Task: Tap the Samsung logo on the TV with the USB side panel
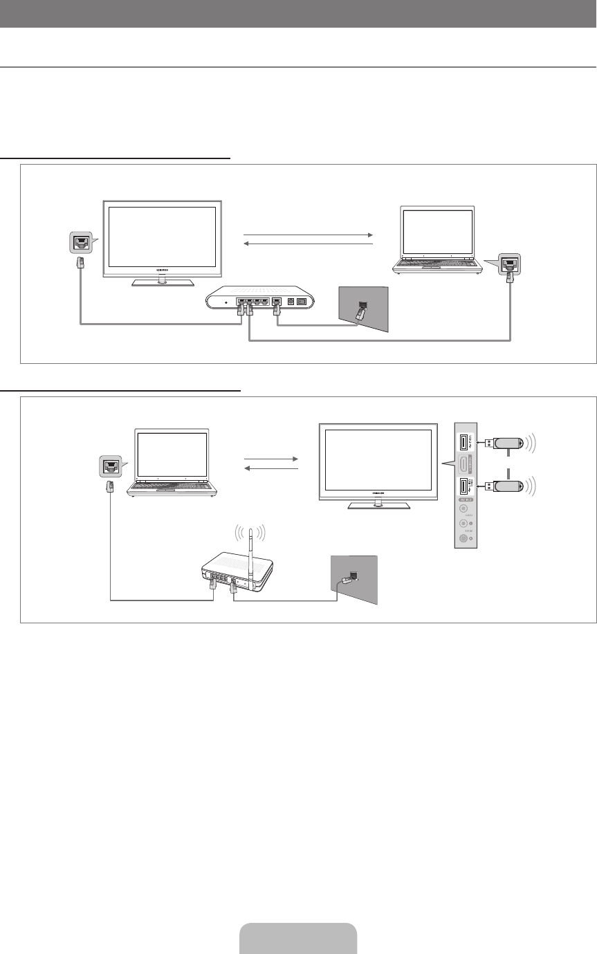coord(378,494)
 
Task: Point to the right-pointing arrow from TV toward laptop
coord(309,235)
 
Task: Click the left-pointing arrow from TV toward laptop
coord(309,244)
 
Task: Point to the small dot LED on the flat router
coord(226,302)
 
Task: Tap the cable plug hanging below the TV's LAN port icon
coord(80,262)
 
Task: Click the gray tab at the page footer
coord(298,938)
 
